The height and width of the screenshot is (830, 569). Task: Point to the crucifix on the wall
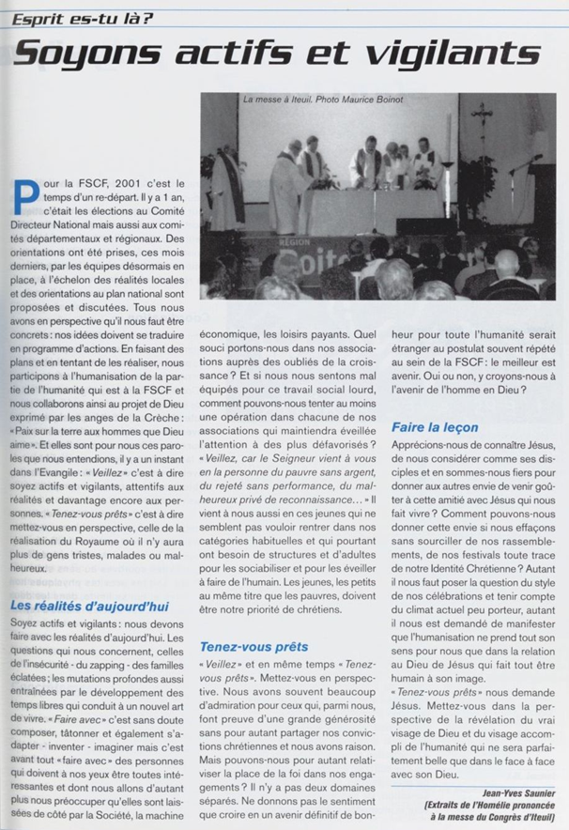click(x=483, y=119)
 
